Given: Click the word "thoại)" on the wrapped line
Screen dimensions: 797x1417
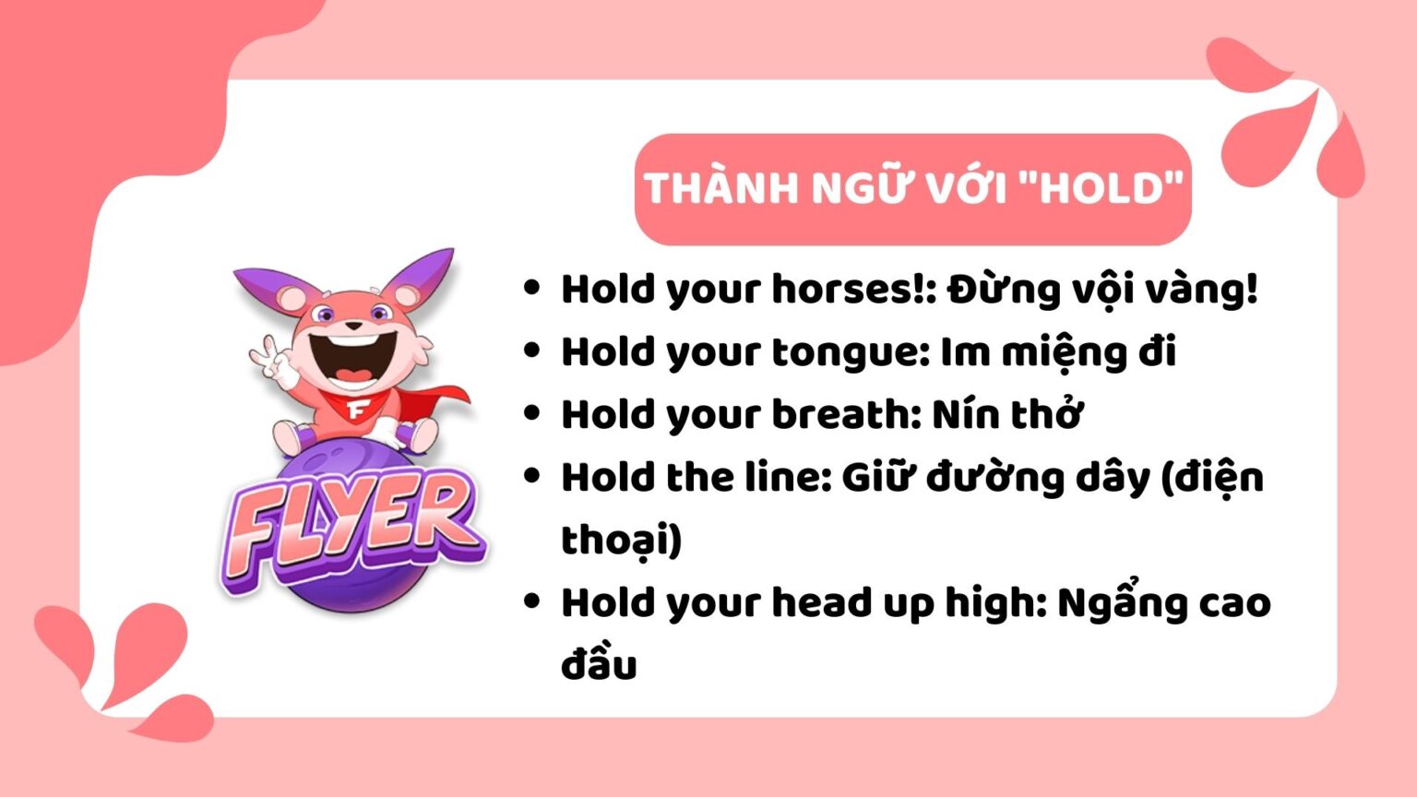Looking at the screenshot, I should [x=621, y=541].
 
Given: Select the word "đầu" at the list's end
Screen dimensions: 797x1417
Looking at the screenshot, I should [x=599, y=666].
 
